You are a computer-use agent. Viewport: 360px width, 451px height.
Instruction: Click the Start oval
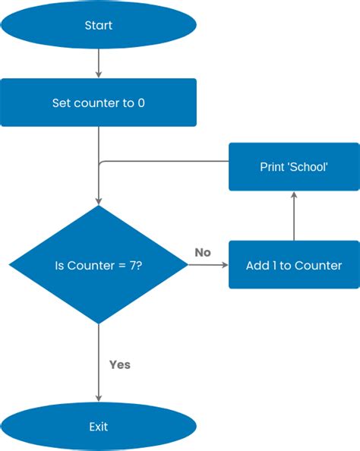click(99, 25)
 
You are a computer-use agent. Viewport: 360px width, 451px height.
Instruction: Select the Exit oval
click(99, 427)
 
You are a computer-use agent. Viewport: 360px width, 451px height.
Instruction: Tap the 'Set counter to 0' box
click(99, 102)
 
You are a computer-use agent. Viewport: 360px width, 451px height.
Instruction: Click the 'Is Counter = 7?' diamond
click(99, 265)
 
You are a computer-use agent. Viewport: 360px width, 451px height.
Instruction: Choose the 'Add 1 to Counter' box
click(294, 265)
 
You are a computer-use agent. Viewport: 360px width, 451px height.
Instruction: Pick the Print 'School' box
click(294, 166)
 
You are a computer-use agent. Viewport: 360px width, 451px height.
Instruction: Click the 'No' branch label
click(202, 252)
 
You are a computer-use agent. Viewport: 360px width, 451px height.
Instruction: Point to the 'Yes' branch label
click(120, 364)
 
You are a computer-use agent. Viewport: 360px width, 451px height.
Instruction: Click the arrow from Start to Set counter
click(99, 64)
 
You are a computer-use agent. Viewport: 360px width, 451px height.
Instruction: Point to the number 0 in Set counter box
click(141, 102)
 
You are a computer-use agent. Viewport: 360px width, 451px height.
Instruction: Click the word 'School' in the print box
click(308, 166)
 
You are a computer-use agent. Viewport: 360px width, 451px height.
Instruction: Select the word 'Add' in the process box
click(257, 266)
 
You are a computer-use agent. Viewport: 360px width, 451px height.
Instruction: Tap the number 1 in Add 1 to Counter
click(275, 266)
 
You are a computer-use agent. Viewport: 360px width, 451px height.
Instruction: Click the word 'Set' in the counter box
click(62, 102)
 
